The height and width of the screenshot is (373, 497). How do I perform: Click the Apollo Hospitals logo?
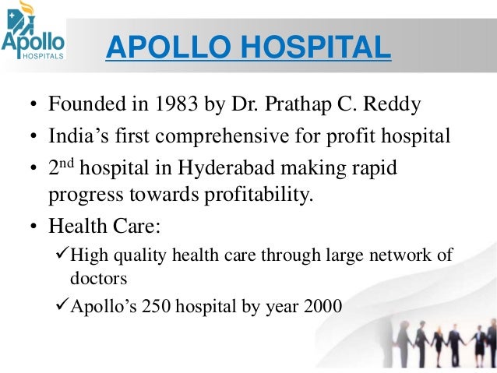(33, 35)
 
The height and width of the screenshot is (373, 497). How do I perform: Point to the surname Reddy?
(400, 104)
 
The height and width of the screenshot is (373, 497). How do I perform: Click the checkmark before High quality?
(64, 255)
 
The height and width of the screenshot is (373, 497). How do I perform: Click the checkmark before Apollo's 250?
(64, 306)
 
